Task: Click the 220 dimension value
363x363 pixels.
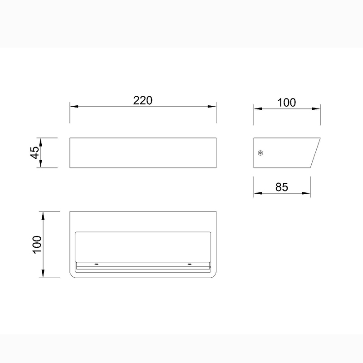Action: [x=143, y=100]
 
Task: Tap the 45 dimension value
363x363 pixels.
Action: [x=35, y=152]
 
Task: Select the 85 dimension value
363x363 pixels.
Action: [x=282, y=187]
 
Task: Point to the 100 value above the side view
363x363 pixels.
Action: [x=287, y=103]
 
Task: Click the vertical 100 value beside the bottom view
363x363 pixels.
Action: [x=37, y=245]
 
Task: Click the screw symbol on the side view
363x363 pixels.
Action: [x=260, y=153]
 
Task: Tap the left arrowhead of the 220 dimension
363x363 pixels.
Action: [x=74, y=107]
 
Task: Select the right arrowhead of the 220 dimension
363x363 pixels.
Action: [x=212, y=107]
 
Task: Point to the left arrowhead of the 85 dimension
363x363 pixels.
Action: [x=258, y=193]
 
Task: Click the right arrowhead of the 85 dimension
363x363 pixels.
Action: [x=306, y=193]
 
